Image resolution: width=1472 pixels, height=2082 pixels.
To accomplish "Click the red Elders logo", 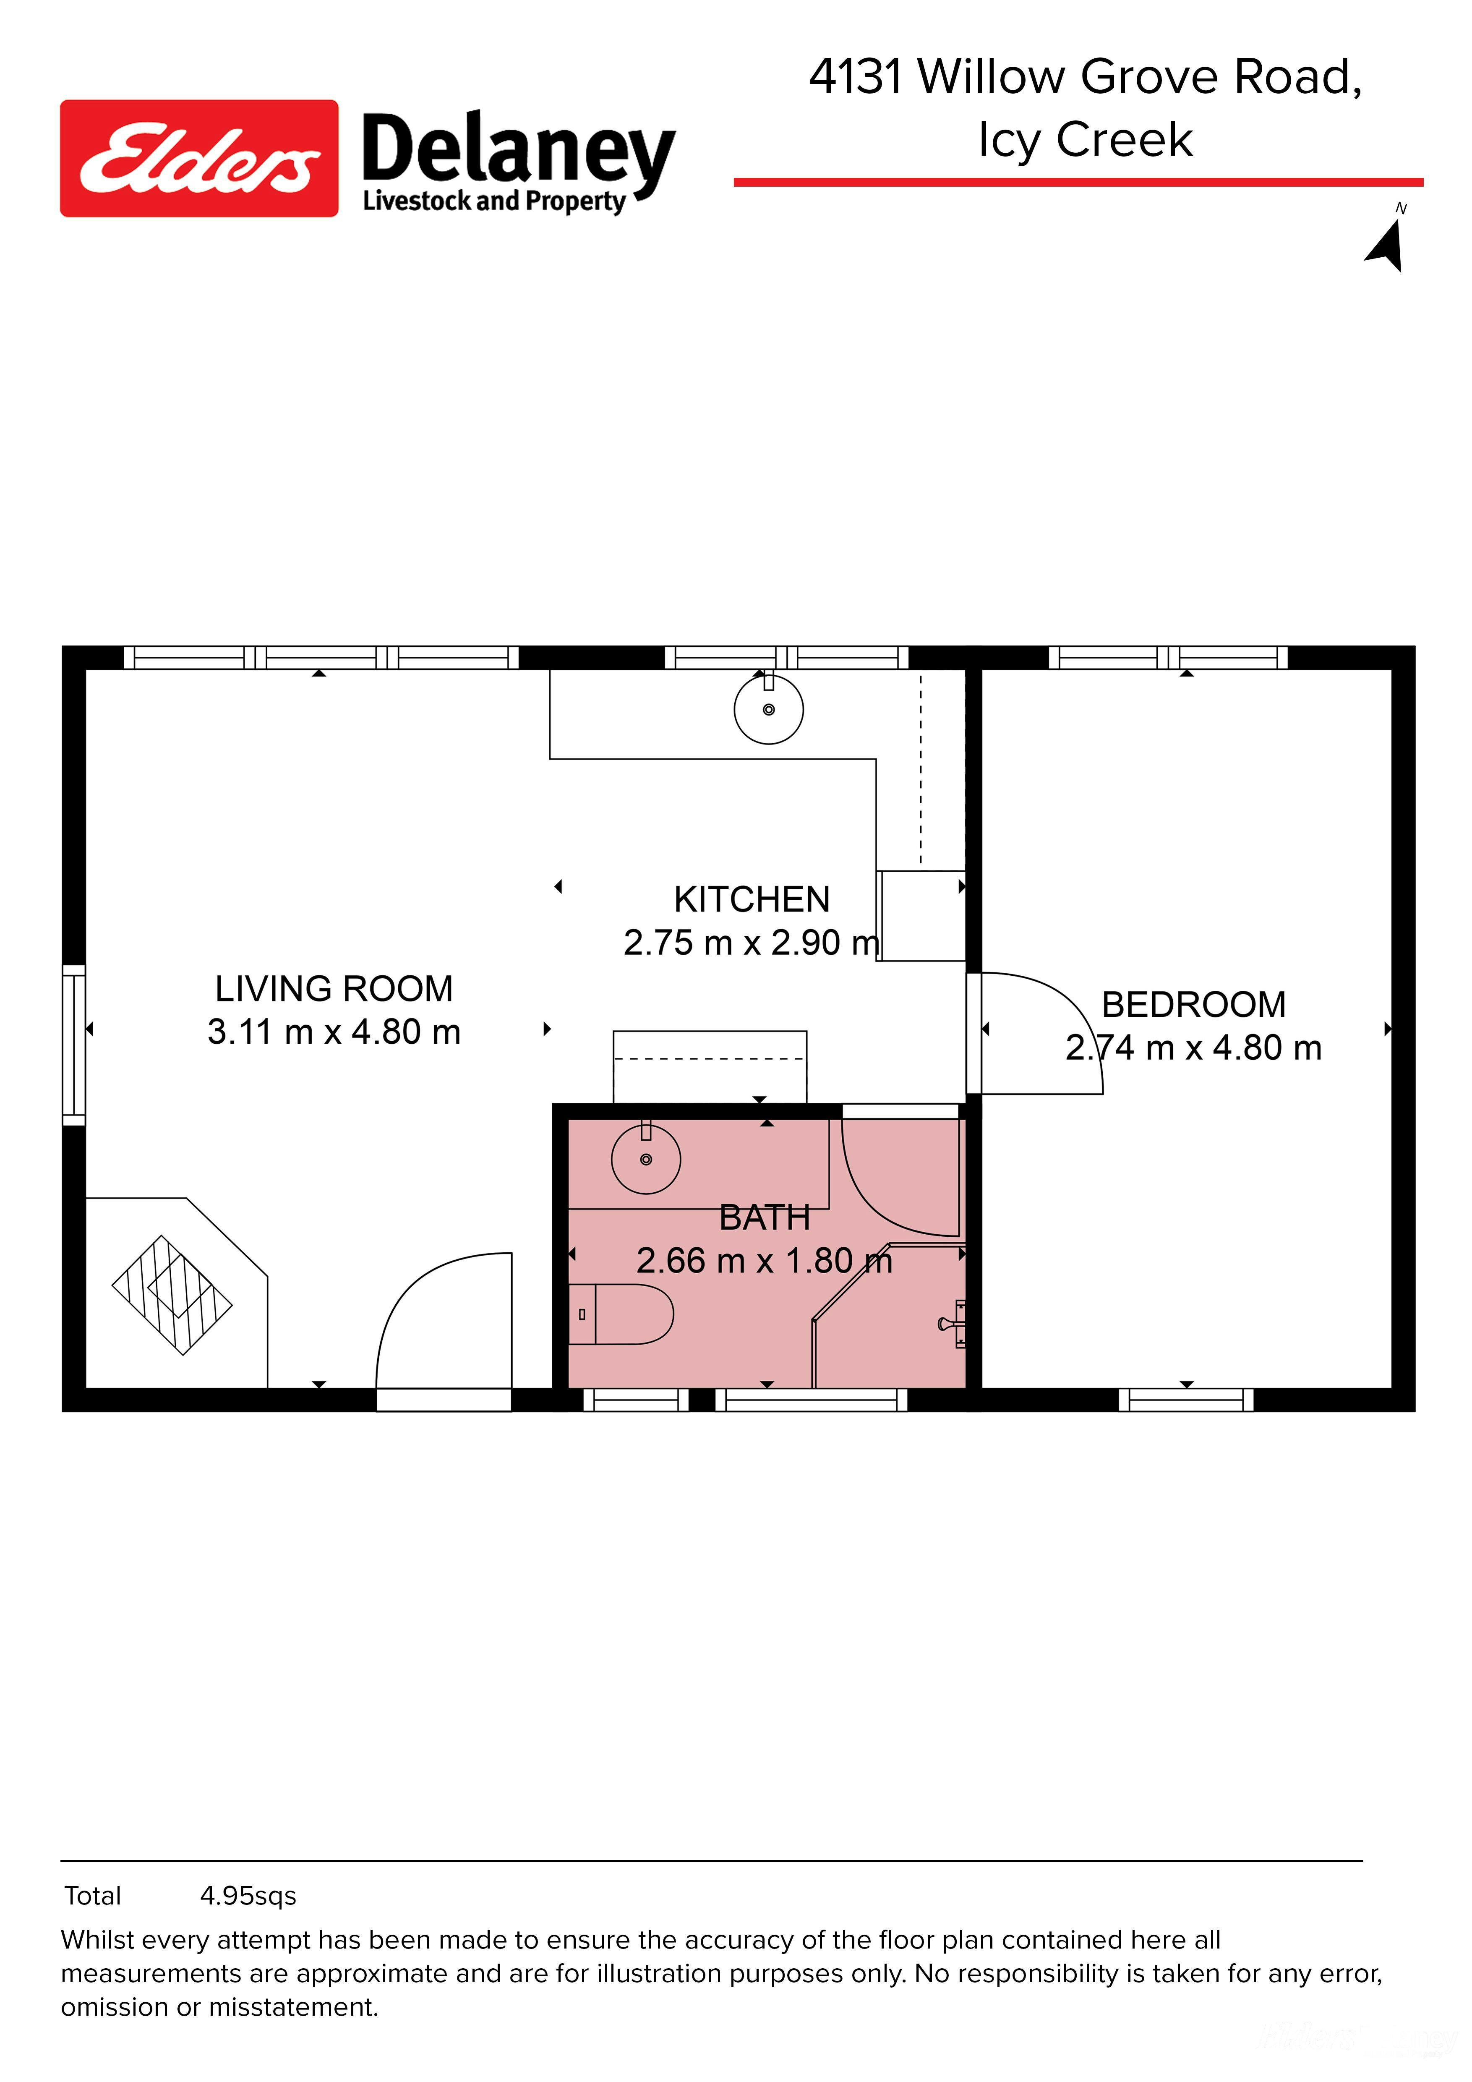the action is pos(199,159).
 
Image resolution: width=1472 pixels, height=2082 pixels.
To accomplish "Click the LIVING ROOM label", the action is pos(334,988).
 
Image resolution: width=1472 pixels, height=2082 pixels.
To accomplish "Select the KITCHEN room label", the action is pos(752,899).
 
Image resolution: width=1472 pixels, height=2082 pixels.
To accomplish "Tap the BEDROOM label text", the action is pos(1194,1005).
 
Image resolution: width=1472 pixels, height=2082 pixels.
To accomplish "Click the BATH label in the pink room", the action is pos(764,1218).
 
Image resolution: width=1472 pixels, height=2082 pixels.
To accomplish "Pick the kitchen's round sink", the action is pos(769,709).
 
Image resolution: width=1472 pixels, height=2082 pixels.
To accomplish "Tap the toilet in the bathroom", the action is pos(621,1314).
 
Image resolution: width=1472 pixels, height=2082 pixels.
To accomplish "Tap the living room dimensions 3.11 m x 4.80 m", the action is pos(334,1032).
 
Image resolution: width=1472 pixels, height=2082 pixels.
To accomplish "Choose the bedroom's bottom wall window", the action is pos(1185,1400).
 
